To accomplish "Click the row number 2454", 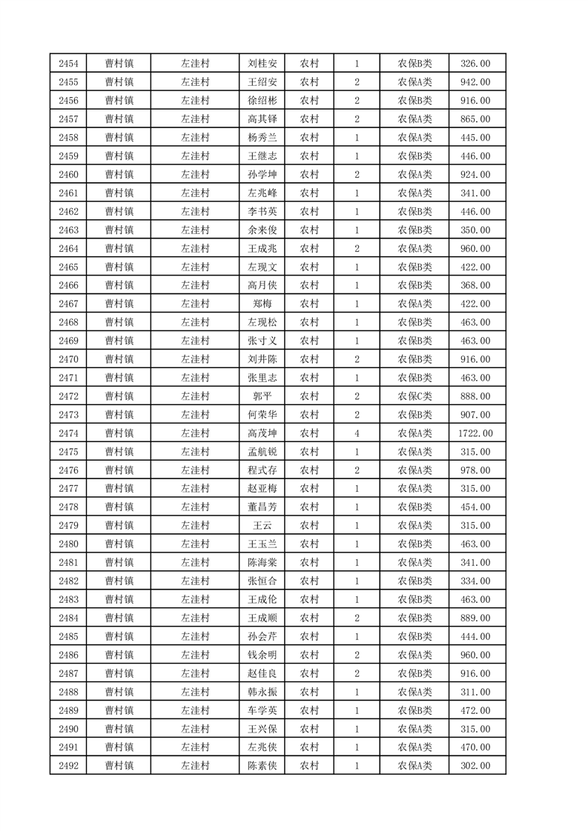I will click(68, 63).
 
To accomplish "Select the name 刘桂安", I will click(262, 63).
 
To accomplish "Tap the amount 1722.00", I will click(476, 433).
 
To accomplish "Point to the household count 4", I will click(357, 433).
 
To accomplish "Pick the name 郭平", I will click(262, 396).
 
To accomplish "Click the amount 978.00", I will click(476, 470).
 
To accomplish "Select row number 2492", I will click(68, 766).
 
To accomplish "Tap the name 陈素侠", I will click(262, 766).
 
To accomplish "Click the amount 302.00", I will click(476, 766).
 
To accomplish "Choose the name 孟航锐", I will click(262, 452).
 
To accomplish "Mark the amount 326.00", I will click(476, 63).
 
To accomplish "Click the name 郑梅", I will click(262, 304).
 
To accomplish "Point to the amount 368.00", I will click(476, 285).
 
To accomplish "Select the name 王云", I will click(262, 526).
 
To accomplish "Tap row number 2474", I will click(68, 433).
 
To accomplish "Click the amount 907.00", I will click(476, 415).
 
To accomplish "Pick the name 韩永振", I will click(262, 692).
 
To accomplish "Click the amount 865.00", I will click(476, 119).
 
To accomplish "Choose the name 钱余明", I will click(262, 655).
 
